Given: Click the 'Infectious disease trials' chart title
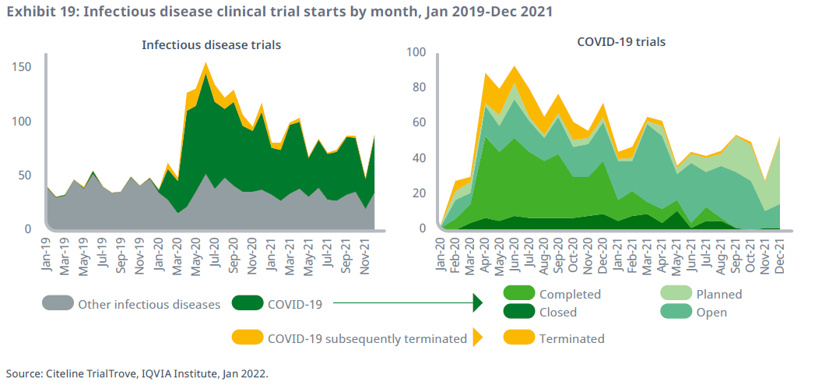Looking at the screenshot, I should coord(211,45).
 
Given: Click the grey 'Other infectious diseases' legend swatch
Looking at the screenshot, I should coord(58,304).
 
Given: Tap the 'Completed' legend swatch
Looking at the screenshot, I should coord(519,294).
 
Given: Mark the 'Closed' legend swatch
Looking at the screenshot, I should coord(519,312).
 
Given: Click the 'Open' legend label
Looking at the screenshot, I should coord(711,313).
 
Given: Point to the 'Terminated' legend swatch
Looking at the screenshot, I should coord(519,338).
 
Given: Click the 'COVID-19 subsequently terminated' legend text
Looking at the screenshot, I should coord(367,338).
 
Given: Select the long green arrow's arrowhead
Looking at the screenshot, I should coord(478,304).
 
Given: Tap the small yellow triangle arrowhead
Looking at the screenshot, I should coord(477,338).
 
